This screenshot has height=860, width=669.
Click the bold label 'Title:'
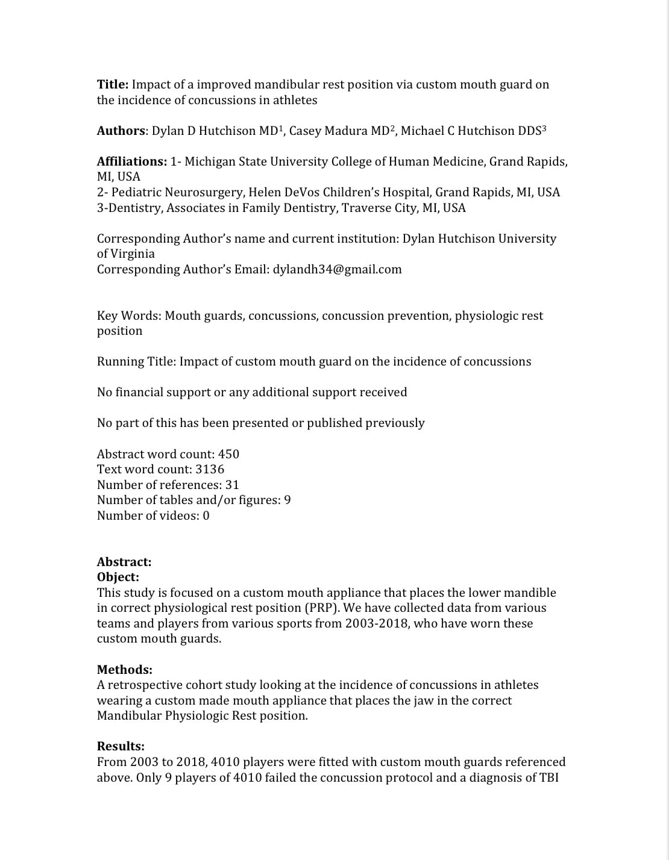(x=113, y=84)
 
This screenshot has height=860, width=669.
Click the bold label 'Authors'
(x=121, y=131)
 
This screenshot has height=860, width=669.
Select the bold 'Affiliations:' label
(x=132, y=161)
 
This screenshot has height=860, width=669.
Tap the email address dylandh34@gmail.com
(x=337, y=269)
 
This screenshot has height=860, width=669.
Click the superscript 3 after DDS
(x=544, y=128)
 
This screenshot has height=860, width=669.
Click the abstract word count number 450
(x=228, y=454)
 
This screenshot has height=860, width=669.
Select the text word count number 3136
(x=210, y=469)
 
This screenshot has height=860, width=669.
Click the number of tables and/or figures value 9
(x=287, y=500)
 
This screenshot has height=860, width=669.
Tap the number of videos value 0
(x=206, y=516)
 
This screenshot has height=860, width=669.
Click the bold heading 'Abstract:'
(x=124, y=562)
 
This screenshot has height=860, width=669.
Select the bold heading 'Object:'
(x=118, y=577)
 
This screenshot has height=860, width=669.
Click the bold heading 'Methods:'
(x=125, y=670)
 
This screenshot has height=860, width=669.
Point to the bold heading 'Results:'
(x=121, y=747)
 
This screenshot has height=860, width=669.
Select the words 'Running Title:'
(x=137, y=361)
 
